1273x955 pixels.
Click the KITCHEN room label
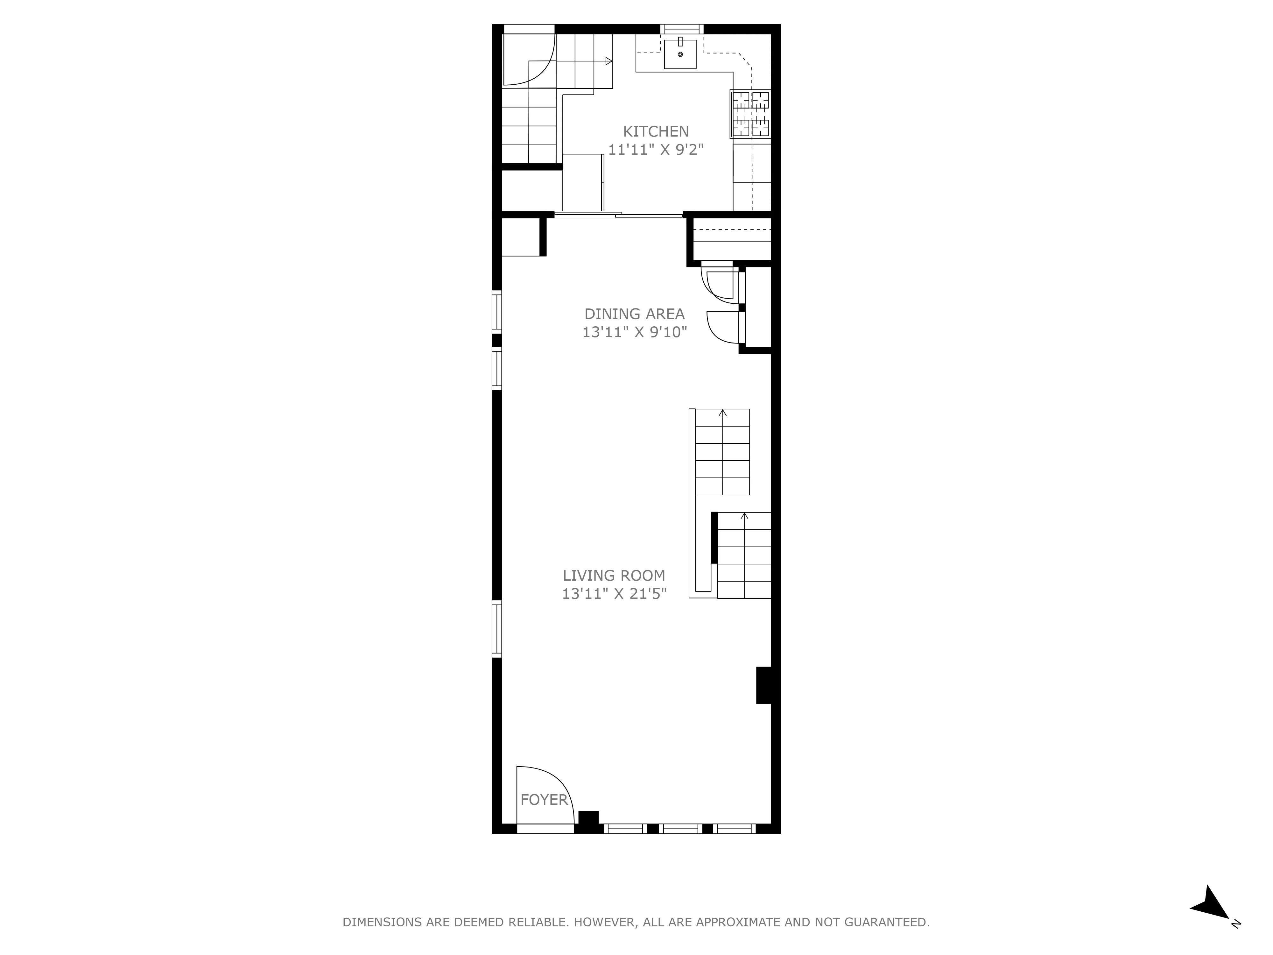(x=656, y=131)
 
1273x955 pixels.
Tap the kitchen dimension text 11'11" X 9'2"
(x=656, y=150)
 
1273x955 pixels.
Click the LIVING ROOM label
(x=614, y=575)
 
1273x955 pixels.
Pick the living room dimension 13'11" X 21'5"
(x=614, y=593)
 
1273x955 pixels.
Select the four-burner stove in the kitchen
(x=750, y=114)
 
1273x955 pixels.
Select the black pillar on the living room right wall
(x=764, y=685)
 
